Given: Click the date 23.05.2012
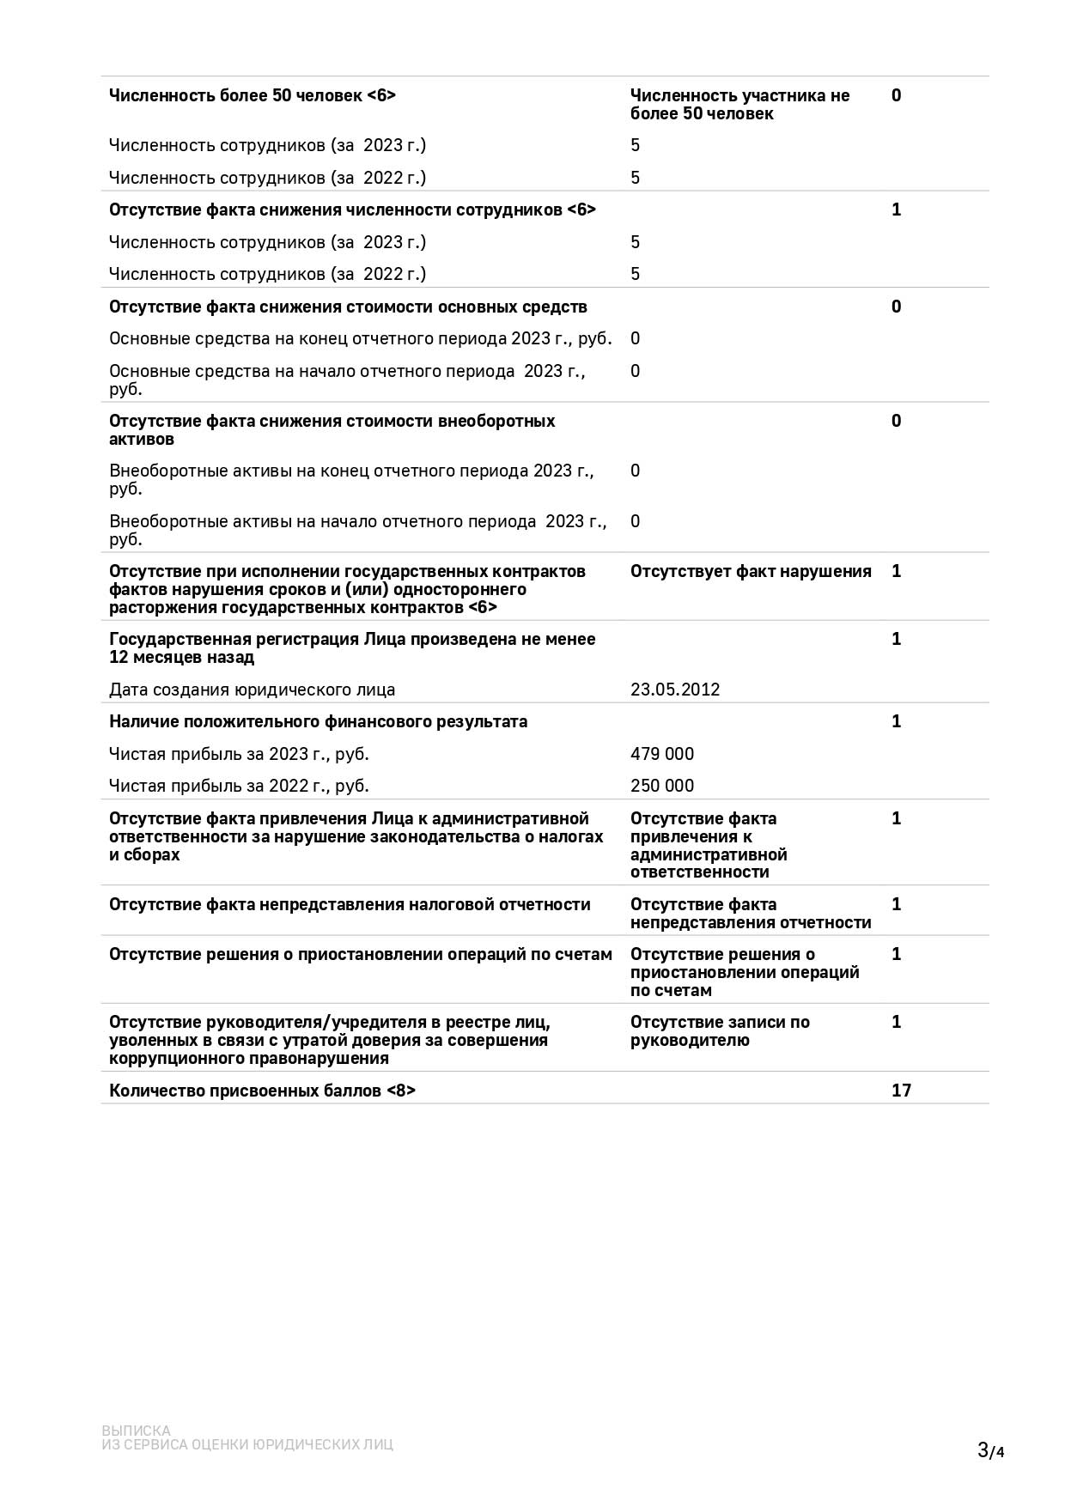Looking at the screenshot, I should (x=675, y=690).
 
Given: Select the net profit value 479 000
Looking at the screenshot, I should (x=662, y=754).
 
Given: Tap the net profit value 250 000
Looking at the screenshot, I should (x=662, y=786).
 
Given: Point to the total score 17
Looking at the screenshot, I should (x=901, y=1091).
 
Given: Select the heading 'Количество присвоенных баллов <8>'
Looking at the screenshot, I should (x=262, y=1091).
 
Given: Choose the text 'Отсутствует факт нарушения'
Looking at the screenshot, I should (x=751, y=572).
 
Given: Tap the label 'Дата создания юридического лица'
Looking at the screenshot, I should (x=253, y=690).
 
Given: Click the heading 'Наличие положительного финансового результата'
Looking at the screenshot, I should (x=319, y=721).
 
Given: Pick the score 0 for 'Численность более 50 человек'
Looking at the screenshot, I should (x=897, y=95).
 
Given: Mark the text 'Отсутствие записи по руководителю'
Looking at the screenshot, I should (x=720, y=1031).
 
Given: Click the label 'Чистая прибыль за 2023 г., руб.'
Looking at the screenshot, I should (x=239, y=754).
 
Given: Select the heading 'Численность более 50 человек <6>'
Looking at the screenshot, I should (x=253, y=95).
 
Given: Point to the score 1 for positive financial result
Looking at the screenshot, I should (x=897, y=721).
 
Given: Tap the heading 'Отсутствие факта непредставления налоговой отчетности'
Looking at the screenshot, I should (x=350, y=904).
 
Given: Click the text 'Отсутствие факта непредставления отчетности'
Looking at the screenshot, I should (x=751, y=914).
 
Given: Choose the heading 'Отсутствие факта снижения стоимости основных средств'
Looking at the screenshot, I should (x=348, y=307).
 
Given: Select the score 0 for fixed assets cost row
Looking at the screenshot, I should (x=897, y=307).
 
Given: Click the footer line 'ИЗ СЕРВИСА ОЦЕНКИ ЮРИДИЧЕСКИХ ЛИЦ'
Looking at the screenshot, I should (x=247, y=1444).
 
